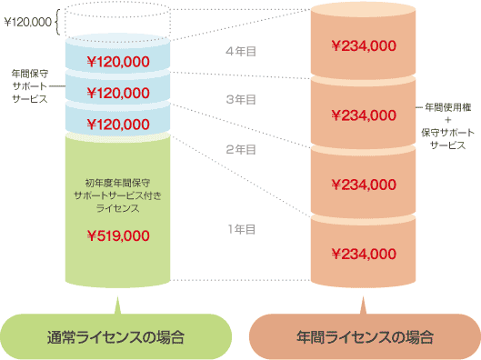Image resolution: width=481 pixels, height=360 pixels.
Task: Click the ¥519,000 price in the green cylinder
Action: (x=117, y=235)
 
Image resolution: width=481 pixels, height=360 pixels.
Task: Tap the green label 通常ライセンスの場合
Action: (x=116, y=337)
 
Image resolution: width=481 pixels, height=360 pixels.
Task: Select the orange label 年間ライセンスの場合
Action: (x=364, y=337)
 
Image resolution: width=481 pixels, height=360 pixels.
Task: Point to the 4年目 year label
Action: (x=240, y=52)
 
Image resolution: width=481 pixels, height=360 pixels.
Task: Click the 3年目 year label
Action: (x=240, y=99)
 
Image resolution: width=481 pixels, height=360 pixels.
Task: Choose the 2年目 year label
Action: (x=240, y=149)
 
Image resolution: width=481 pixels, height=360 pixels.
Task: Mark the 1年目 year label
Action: (x=240, y=228)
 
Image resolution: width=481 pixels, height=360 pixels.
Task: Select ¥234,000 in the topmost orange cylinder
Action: (x=364, y=45)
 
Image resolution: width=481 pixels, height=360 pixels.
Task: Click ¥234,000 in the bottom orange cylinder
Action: (x=364, y=254)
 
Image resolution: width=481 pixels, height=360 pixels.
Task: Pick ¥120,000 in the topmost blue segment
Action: (x=117, y=62)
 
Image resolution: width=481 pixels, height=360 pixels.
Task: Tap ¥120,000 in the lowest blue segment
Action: (x=117, y=124)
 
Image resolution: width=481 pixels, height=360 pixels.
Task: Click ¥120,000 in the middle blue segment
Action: (x=117, y=93)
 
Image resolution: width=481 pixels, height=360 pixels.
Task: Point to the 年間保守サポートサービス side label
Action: (x=29, y=86)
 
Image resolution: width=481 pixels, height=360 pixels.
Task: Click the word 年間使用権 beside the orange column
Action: (x=446, y=108)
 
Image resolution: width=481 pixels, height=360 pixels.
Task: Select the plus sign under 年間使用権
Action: (x=446, y=120)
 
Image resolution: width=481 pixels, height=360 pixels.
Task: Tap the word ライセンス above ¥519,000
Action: (x=117, y=208)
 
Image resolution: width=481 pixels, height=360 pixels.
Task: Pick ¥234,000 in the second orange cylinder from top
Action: (x=364, y=115)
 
